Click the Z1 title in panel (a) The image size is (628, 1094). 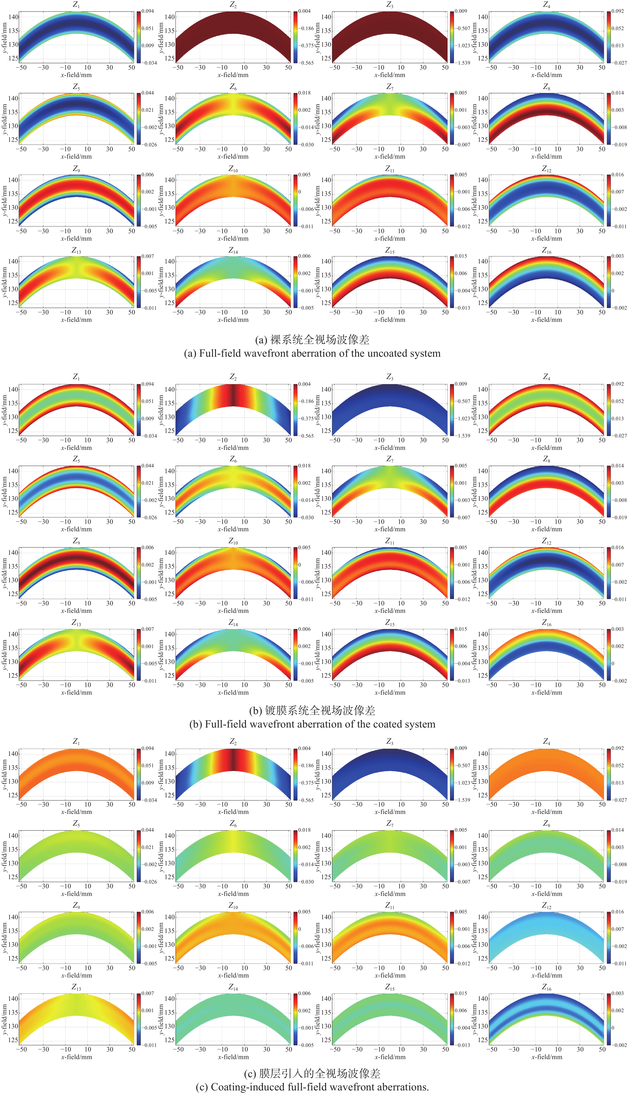(76, 5)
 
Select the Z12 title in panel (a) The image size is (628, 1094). (546, 169)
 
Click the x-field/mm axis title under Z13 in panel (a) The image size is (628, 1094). (76, 320)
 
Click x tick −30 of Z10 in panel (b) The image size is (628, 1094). (200, 603)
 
